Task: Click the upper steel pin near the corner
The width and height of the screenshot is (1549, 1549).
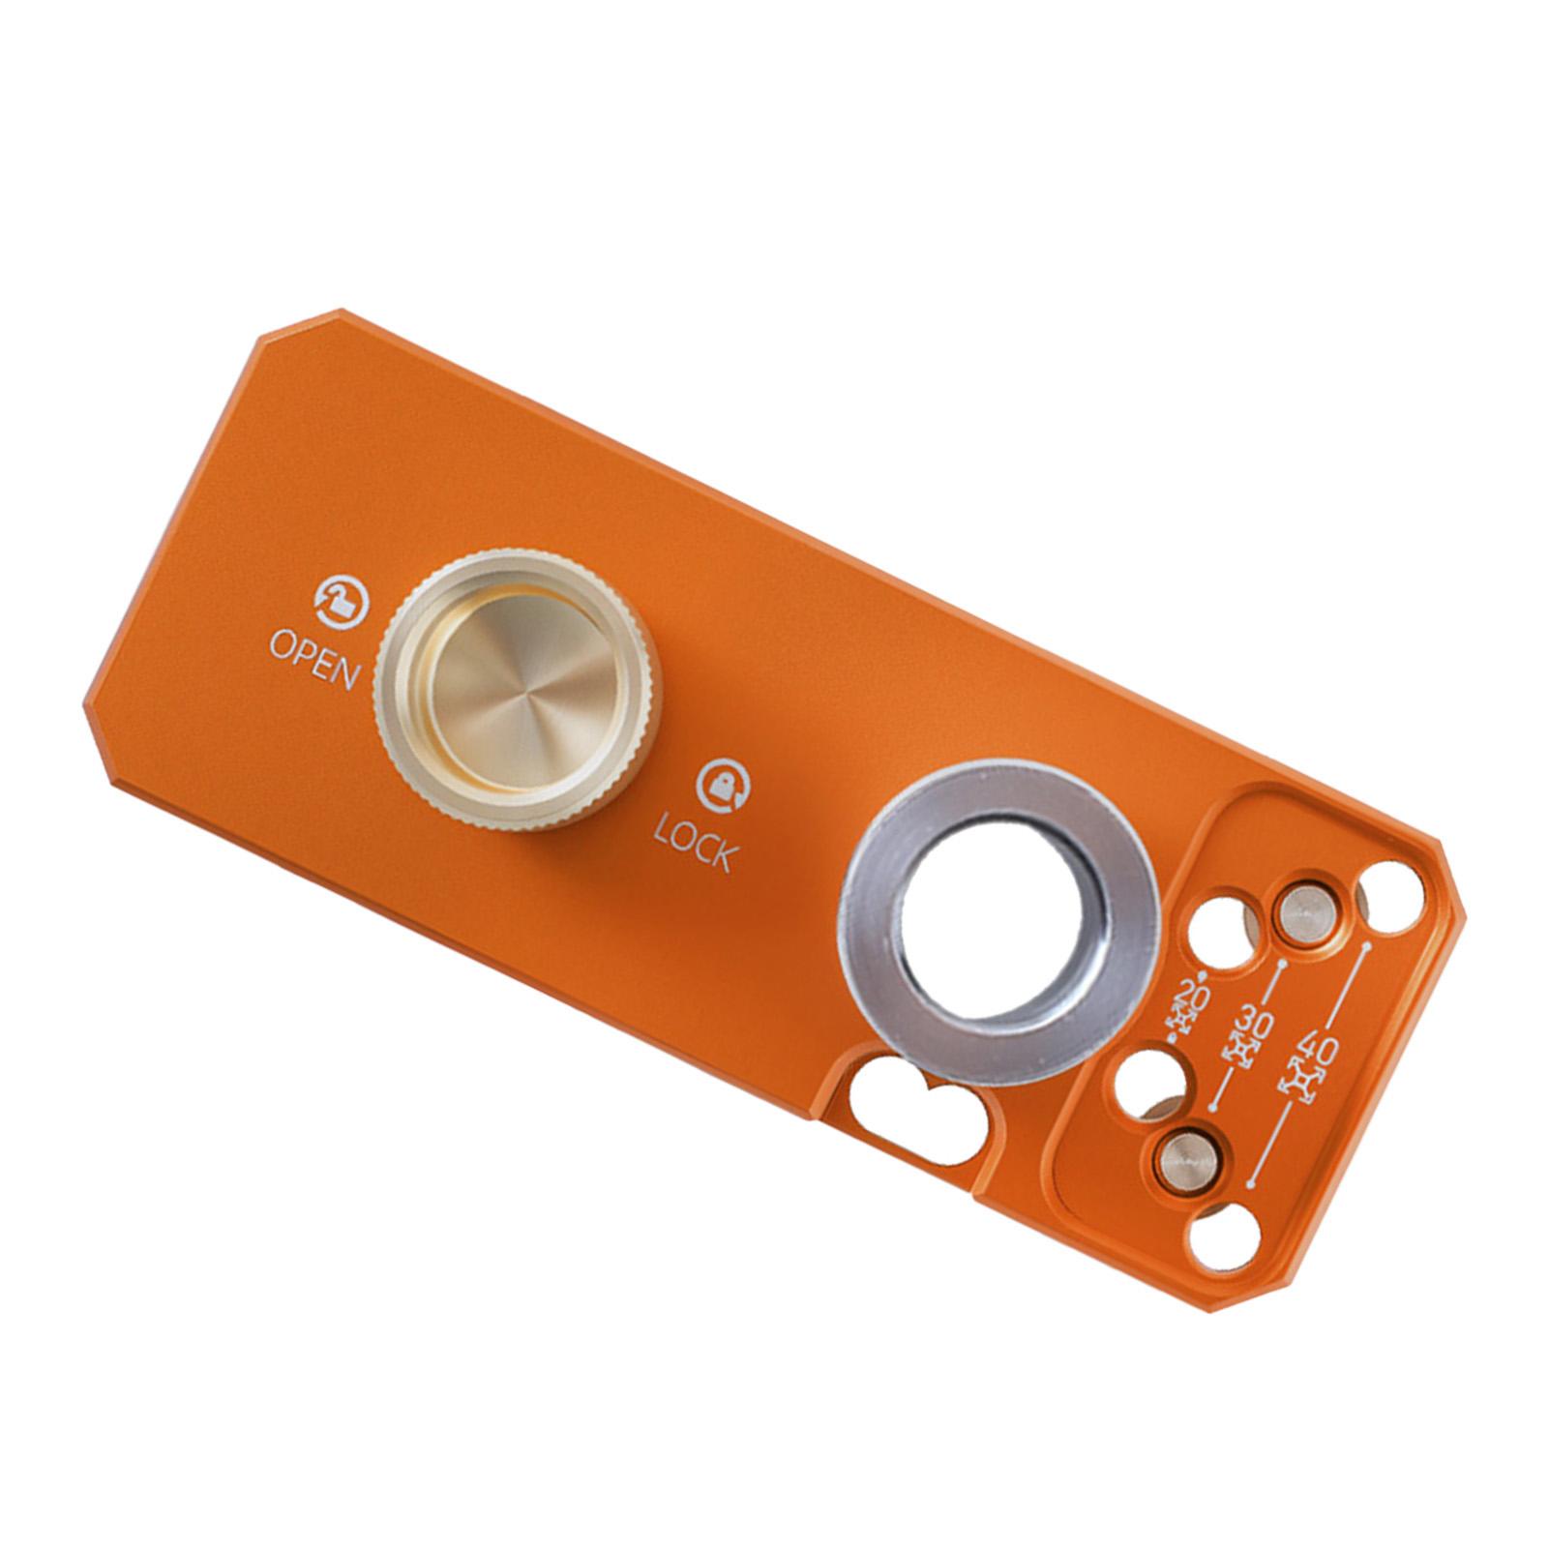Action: (x=1303, y=909)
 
